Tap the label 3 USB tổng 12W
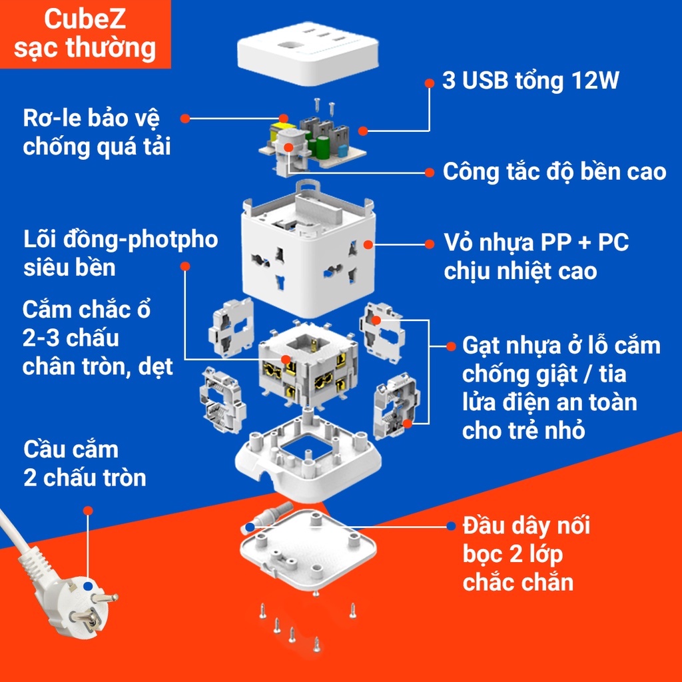pos(531,81)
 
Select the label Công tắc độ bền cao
pos(554,172)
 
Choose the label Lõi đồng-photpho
pos(120,240)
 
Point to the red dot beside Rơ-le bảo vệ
pos(186,119)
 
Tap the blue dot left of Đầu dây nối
pos(451,526)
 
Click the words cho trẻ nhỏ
pos(523,430)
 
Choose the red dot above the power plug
pos(88,510)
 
